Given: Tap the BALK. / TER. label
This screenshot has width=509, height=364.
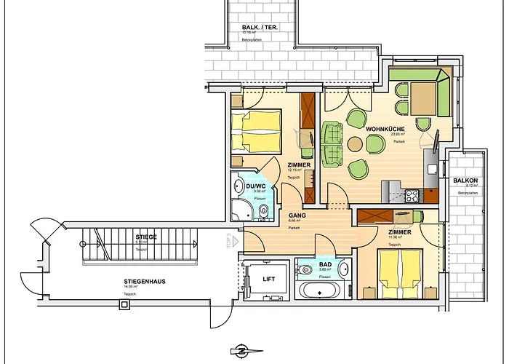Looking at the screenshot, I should tap(260, 28).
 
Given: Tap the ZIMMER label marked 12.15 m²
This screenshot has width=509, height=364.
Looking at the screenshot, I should tap(299, 165).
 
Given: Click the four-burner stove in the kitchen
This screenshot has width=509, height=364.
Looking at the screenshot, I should tap(413, 195).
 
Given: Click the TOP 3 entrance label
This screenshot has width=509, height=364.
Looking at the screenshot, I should tap(228, 240).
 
